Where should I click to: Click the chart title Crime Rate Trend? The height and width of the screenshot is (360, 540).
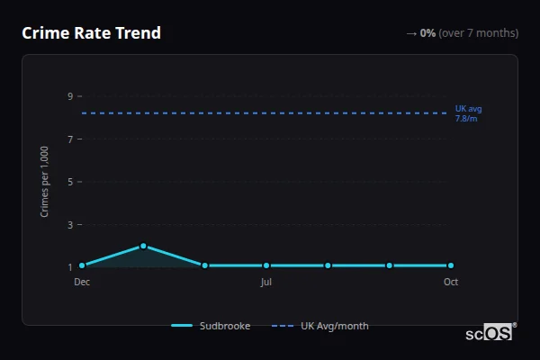pos(91,33)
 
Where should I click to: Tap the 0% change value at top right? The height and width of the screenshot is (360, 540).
pos(427,33)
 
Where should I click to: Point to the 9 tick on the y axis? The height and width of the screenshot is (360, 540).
pos(69,96)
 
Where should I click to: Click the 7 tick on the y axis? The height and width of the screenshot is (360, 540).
pos(69,139)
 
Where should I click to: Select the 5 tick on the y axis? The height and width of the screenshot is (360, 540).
pos(69,182)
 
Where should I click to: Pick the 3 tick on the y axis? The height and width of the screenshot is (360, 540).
pos(69,224)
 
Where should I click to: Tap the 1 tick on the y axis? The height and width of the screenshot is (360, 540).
pos(69,267)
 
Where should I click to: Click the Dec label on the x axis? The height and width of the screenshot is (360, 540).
pos(82,282)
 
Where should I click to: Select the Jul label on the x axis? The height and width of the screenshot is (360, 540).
pos(266,282)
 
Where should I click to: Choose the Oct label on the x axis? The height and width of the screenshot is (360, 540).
pos(451,282)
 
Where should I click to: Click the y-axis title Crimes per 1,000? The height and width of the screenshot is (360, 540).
pos(45,181)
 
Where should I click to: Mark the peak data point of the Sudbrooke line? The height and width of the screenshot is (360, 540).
pos(143,246)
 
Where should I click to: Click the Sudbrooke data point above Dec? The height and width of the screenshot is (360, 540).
pos(82,265)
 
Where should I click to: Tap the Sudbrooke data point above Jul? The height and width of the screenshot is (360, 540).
pos(266,265)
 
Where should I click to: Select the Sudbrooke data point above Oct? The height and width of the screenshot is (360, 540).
pos(451,265)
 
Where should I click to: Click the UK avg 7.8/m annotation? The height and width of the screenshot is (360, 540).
pos(468,113)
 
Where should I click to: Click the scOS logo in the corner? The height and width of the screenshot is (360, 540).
pos(490,333)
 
